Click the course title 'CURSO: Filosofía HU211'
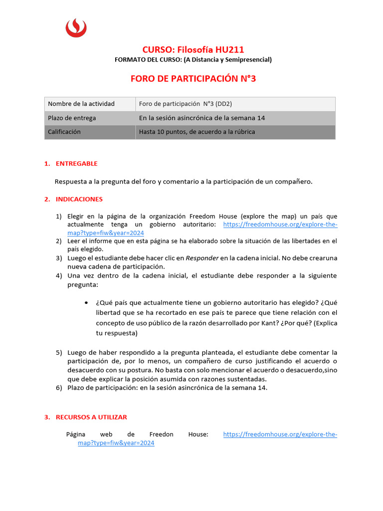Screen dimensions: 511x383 (193, 49)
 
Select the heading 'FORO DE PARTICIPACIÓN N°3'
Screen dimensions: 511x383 (193, 78)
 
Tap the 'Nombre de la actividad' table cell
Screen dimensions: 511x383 (81, 104)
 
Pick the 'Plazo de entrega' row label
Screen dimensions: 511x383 (72, 118)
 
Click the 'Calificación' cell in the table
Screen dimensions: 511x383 (64, 132)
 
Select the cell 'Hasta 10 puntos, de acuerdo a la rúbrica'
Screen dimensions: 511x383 (196, 132)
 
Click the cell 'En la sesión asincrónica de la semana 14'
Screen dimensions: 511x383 (201, 118)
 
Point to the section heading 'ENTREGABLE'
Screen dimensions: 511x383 (76, 164)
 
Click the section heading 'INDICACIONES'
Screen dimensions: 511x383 (79, 199)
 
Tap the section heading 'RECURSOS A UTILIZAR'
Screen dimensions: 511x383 (91, 417)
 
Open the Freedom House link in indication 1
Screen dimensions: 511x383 (280, 225)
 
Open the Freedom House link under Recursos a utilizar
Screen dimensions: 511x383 (280, 435)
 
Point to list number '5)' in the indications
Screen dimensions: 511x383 (58, 352)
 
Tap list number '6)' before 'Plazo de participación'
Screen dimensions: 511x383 (58, 388)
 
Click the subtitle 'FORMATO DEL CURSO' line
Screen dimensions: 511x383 (193, 60)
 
